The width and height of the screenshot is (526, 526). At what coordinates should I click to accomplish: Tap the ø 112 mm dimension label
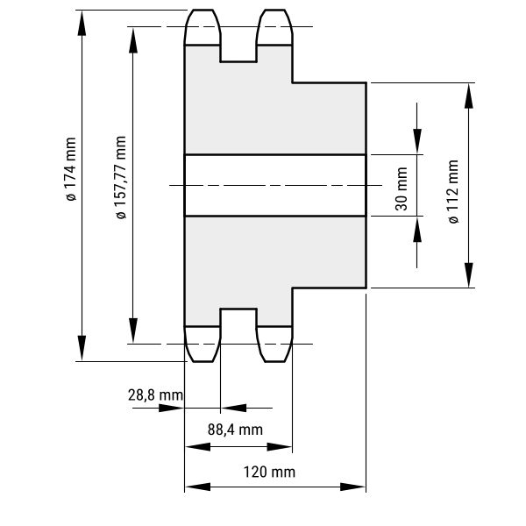(x=453, y=192)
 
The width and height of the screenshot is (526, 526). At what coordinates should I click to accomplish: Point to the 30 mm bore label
(x=402, y=186)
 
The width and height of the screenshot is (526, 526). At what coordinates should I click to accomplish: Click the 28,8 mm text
(x=155, y=395)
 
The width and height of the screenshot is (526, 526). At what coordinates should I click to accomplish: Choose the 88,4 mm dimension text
(x=235, y=430)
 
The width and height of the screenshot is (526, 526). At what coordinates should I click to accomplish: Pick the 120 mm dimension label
(x=269, y=472)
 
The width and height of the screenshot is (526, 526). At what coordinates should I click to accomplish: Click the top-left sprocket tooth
(x=203, y=26)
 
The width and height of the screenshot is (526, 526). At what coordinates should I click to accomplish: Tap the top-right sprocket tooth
(x=274, y=26)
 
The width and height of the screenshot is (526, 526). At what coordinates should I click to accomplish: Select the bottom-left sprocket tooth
(x=203, y=344)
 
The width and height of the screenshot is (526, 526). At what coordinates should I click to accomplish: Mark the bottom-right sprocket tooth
(x=274, y=344)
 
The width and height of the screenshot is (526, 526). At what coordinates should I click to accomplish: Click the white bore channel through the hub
(x=274, y=185)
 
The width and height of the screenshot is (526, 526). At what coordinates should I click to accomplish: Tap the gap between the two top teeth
(x=238, y=35)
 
